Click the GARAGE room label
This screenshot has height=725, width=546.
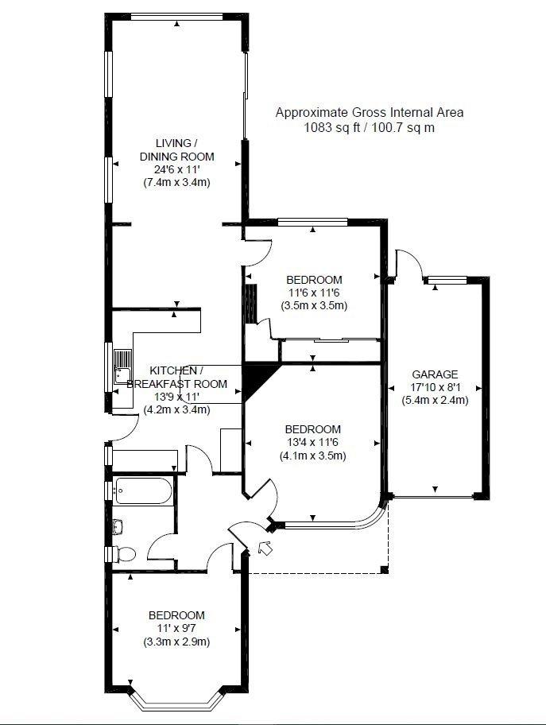[x=435, y=374]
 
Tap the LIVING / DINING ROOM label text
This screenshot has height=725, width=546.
[x=177, y=149]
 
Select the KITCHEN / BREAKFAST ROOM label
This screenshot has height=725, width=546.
[x=176, y=377]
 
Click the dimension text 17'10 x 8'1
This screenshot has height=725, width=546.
[x=435, y=387]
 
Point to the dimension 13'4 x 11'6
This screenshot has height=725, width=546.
[x=313, y=442]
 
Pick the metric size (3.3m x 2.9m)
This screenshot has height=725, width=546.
[x=176, y=642]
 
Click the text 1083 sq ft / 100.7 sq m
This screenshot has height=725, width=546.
[x=369, y=128]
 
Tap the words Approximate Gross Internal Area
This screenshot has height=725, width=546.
[x=370, y=112]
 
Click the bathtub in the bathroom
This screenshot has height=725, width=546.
[x=144, y=490]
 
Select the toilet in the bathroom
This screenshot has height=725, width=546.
[x=124, y=553]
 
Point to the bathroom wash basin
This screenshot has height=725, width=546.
[x=118, y=526]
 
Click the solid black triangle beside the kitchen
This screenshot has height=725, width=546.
[x=256, y=379]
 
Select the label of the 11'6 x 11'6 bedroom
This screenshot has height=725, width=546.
[x=314, y=280]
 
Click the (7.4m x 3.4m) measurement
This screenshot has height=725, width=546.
[x=177, y=182]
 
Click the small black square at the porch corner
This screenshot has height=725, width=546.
[x=384, y=569]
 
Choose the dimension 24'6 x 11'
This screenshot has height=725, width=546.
[x=177, y=169]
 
